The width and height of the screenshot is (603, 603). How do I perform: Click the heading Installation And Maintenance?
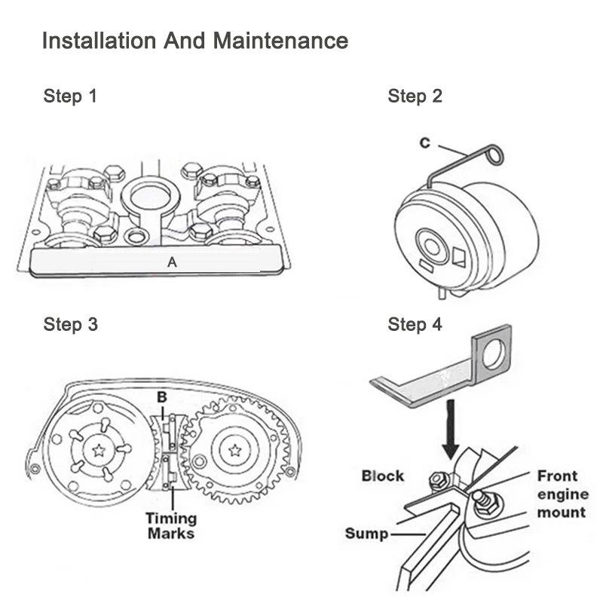pyautogui.click(x=194, y=40)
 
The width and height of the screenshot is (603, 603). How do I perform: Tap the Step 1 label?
pyautogui.click(x=70, y=96)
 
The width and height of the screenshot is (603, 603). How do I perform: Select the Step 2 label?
pyautogui.click(x=415, y=96)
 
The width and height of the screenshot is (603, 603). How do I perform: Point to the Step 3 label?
pyautogui.click(x=70, y=325)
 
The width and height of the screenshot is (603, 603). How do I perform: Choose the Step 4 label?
pyautogui.click(x=415, y=325)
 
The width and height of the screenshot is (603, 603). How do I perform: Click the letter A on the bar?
pyautogui.click(x=173, y=262)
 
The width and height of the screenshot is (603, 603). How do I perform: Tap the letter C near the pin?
pyautogui.click(x=425, y=143)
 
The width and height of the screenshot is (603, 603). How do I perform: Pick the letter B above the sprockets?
pyautogui.click(x=161, y=396)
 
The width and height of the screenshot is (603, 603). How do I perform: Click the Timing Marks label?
pyautogui.click(x=172, y=525)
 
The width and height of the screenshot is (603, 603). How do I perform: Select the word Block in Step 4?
pyautogui.click(x=383, y=476)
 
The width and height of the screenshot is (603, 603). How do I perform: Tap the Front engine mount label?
pyautogui.click(x=561, y=494)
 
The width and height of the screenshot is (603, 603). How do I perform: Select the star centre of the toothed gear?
pyautogui.click(x=235, y=450)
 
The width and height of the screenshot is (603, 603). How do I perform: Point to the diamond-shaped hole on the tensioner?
pyautogui.click(x=458, y=256)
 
